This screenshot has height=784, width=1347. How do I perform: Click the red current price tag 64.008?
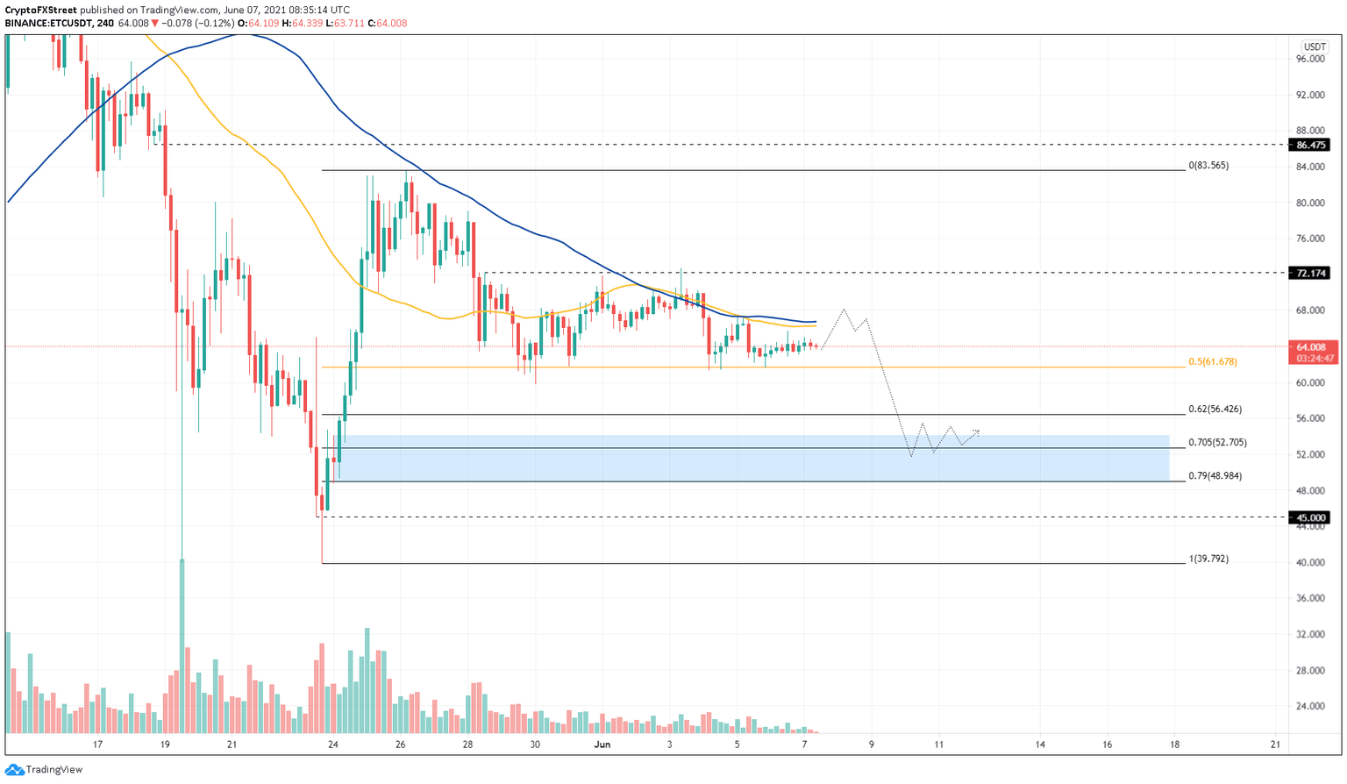pos(1312,347)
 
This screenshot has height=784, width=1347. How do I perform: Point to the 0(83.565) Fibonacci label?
pos(1208,165)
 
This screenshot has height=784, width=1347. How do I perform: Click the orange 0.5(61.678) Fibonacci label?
pos(1212,361)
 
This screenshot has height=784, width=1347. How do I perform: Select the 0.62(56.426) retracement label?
pos(1215,409)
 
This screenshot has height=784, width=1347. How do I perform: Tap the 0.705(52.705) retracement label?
pos(1217,442)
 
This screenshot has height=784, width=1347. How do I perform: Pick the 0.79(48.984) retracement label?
pos(1215,475)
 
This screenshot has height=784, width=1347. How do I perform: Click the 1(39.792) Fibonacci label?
pos(1208,558)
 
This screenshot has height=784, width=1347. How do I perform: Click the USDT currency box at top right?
pos(1315,46)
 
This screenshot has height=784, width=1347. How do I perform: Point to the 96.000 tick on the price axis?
pos(1310,59)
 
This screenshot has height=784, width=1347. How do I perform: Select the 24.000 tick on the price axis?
pos(1310,706)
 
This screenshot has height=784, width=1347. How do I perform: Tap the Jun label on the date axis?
pos(602,745)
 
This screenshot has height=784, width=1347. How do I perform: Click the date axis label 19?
pos(165,745)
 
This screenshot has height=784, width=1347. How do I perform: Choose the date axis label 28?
pos(467,745)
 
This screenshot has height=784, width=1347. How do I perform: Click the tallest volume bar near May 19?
pos(182,645)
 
